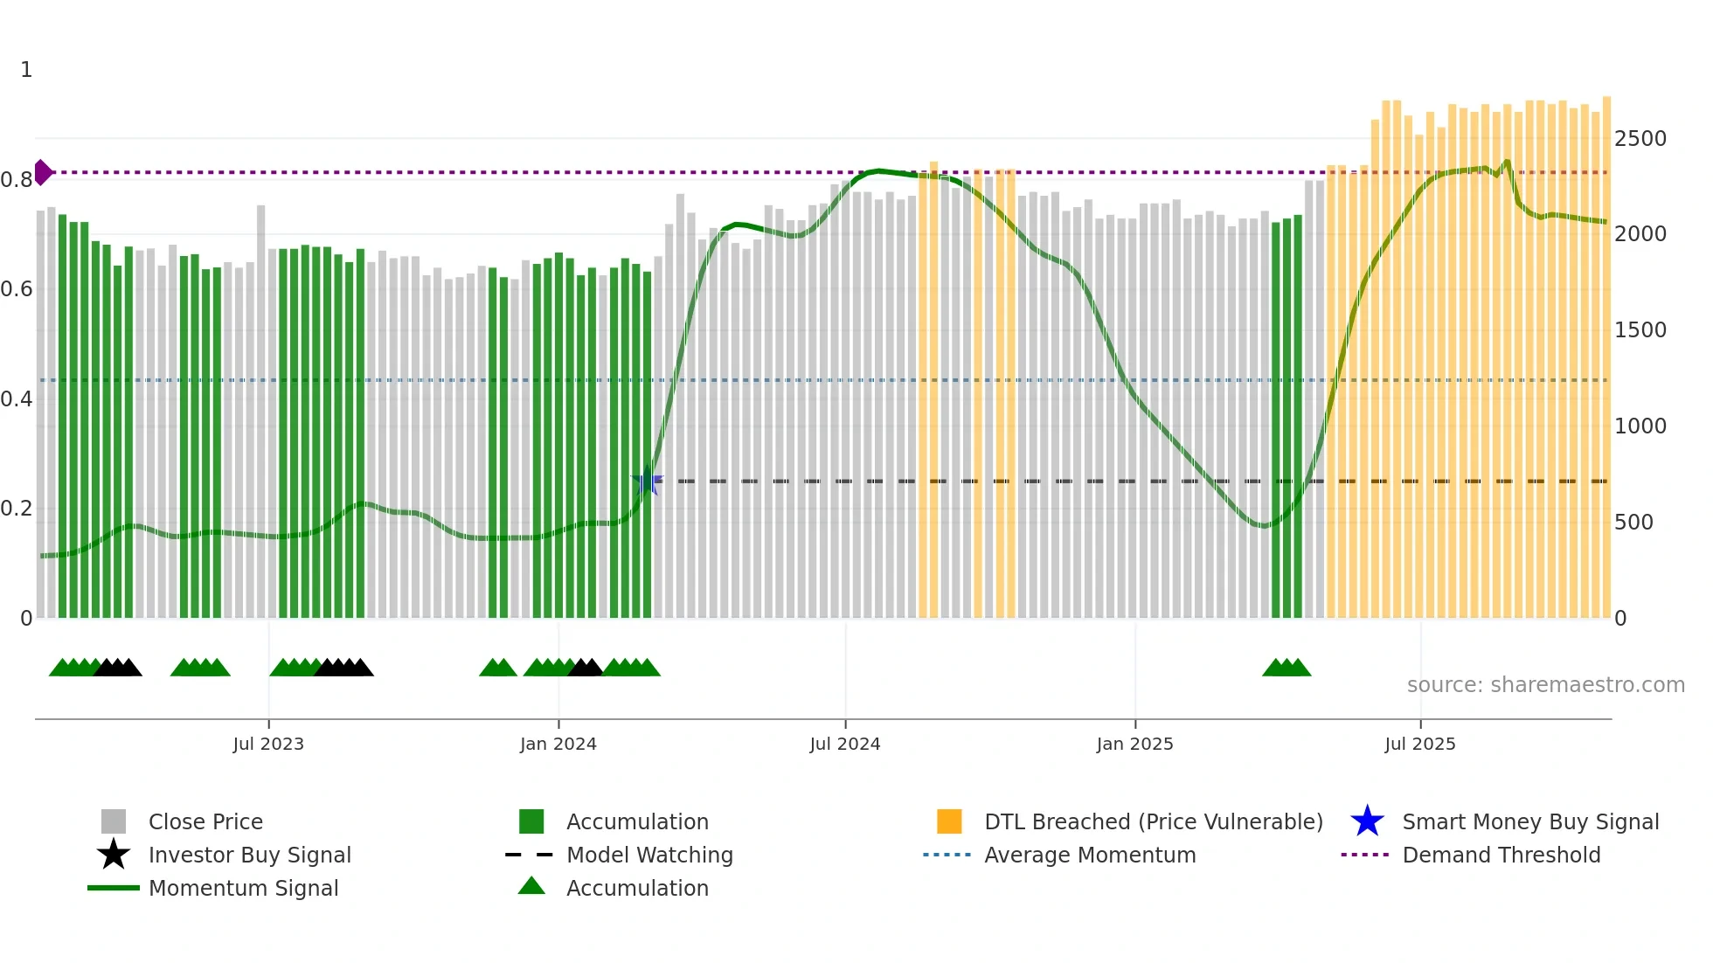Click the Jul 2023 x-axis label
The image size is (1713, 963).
[268, 744]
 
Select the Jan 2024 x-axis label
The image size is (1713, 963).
[558, 744]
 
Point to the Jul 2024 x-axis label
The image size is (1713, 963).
[844, 744]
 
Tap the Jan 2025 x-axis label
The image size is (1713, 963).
[1134, 744]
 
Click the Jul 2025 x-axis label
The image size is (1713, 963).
[1420, 744]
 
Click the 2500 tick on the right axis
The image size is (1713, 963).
[1640, 139]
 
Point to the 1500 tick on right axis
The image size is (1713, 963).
[1640, 330]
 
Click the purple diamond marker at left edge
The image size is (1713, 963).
[42, 172]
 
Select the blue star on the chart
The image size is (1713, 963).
[648, 481]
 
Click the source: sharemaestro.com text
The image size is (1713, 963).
[1545, 685]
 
